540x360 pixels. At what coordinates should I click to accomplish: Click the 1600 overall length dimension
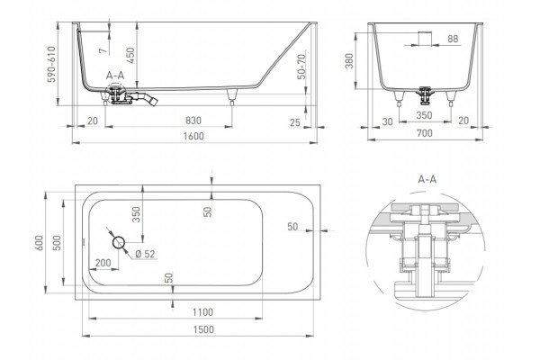click(x=193, y=136)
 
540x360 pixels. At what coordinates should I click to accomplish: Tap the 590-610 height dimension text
click(x=51, y=65)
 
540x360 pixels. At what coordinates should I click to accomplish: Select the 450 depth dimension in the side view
click(x=130, y=56)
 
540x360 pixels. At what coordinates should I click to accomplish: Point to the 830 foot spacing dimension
click(x=193, y=121)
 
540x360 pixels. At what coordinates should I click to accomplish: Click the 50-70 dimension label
click(x=301, y=67)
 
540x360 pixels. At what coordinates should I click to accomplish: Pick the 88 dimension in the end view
click(x=453, y=39)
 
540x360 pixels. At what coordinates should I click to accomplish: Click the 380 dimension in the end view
click(x=349, y=61)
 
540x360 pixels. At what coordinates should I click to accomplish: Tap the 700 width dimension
click(x=424, y=132)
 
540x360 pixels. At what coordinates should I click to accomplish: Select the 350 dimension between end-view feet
click(x=424, y=115)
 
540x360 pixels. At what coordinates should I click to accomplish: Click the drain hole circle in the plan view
click(x=119, y=242)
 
